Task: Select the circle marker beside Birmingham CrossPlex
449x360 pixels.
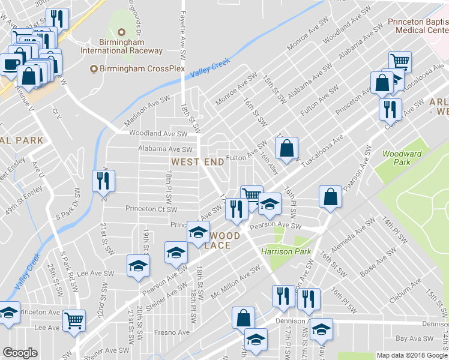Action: coord(94,69)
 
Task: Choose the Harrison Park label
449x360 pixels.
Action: coord(286,251)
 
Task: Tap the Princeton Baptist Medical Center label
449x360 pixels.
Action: coord(418,26)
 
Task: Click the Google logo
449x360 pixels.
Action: coord(20,353)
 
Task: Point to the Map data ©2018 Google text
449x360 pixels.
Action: coord(411,355)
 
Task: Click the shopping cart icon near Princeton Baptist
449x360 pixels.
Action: coord(400,61)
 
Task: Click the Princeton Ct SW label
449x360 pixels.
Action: coord(151,209)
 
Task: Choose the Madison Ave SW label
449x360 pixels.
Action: coord(147,110)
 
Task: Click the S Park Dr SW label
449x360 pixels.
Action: coord(68,205)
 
